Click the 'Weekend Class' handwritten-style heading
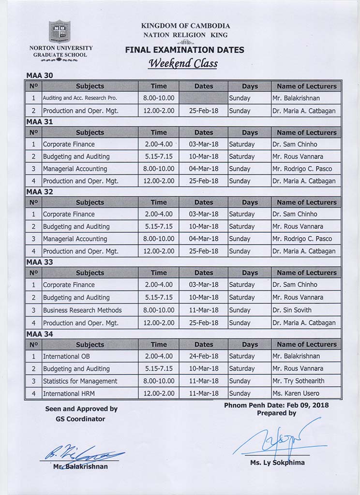pyautogui.click(x=183, y=63)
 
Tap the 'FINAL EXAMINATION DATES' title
pyautogui.click(x=184, y=50)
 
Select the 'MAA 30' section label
pyautogui.click(x=39, y=75)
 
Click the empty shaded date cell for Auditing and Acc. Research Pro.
pyautogui.click(x=203, y=98)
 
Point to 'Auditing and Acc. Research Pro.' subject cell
pyautogui.click(x=80, y=98)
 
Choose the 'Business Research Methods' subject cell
pyautogui.click(x=82, y=310)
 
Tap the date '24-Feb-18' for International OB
pyautogui.click(x=203, y=356)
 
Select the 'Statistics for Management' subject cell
pyautogui.click(x=80, y=381)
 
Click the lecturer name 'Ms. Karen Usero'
pyautogui.click(x=296, y=393)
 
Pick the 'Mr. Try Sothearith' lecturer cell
pyautogui.click(x=298, y=381)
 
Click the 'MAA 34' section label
pyautogui.click(x=39, y=334)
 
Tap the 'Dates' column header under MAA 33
pyautogui.click(x=203, y=273)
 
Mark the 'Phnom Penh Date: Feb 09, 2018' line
pyautogui.click(x=276, y=405)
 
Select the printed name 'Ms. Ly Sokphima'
pyautogui.click(x=277, y=463)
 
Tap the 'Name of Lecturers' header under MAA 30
pyautogui.click(x=306, y=86)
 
